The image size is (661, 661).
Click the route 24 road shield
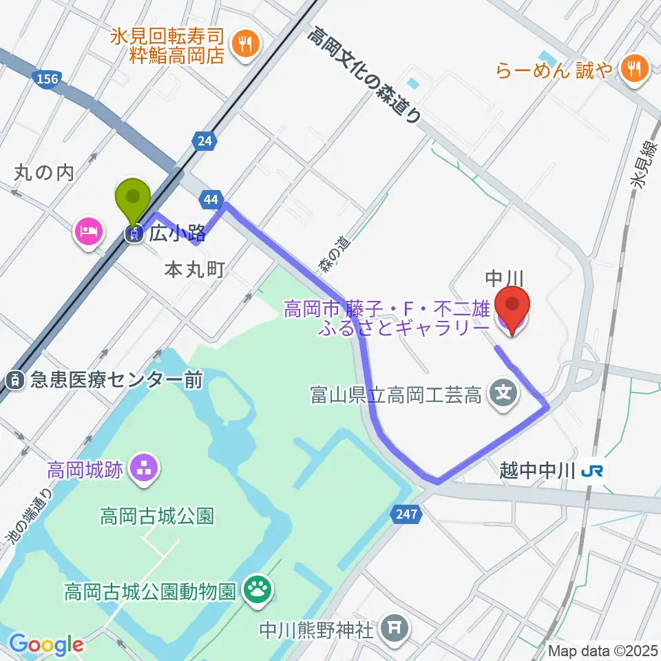[204, 142]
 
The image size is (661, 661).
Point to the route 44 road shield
[211, 200]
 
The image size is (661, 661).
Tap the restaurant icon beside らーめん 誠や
[631, 68]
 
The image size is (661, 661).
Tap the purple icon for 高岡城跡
[145, 470]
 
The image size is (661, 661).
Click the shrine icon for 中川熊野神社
[395, 627]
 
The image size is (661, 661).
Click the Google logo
[46, 644]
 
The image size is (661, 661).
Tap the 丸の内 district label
[43, 173]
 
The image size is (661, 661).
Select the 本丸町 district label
[195, 271]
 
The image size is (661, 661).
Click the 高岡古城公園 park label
[157, 515]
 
